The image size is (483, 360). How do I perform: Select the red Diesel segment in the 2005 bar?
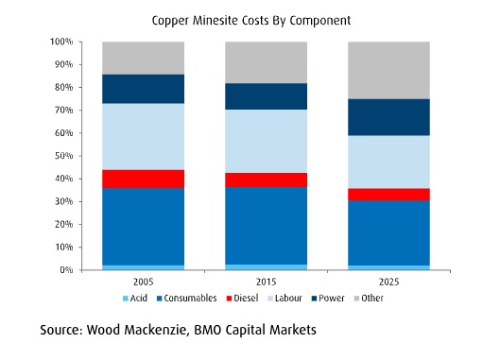144,179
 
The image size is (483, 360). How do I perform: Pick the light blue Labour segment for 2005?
144,136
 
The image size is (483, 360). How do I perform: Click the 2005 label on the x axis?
144,282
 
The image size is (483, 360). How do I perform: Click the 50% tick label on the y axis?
63,156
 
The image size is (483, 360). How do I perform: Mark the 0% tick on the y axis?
66,270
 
